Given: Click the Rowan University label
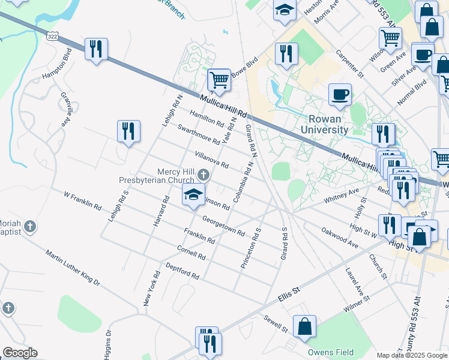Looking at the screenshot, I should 320,124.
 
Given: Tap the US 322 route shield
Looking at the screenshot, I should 52,37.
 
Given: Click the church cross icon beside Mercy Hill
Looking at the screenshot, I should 203,175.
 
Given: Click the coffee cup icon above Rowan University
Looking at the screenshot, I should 340,94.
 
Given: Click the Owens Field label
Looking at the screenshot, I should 331,352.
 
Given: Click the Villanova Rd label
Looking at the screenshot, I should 211,160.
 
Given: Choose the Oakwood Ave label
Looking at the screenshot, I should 339,238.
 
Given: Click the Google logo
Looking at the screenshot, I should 20,353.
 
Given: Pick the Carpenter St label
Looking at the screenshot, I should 350,64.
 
